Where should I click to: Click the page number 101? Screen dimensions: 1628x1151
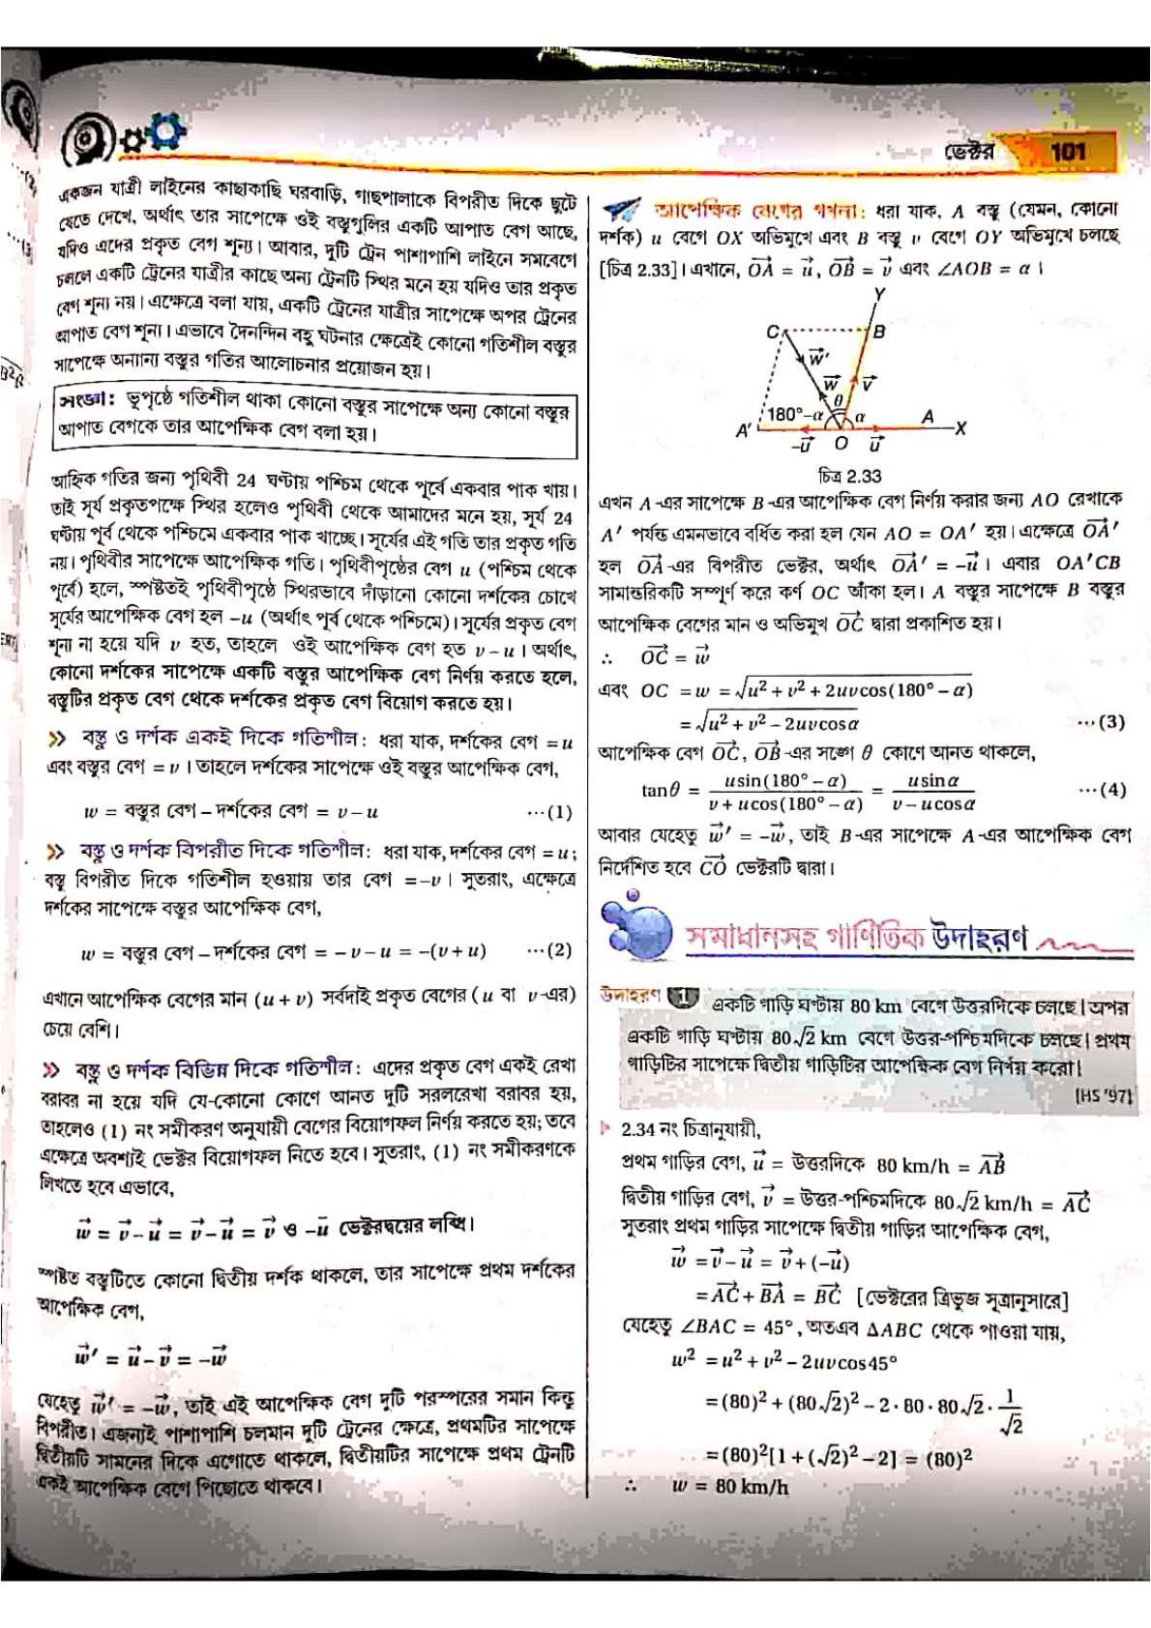pyautogui.click(x=1068, y=151)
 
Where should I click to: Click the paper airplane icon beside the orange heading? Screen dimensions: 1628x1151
pyautogui.click(x=621, y=210)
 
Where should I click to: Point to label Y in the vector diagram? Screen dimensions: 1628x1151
pyautogui.click(x=879, y=294)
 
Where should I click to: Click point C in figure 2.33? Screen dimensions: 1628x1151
pyautogui.click(x=772, y=332)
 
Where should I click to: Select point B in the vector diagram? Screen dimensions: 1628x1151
pyautogui.click(x=879, y=332)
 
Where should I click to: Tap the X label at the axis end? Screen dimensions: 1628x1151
pyautogui.click(x=959, y=428)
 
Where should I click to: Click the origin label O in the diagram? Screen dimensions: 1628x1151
pyautogui.click(x=841, y=444)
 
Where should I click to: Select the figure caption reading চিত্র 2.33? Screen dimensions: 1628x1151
pyautogui.click(x=849, y=476)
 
